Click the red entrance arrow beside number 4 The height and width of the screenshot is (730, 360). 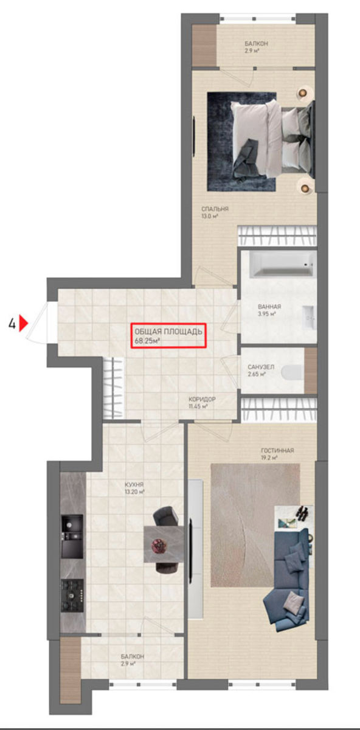click(x=23, y=323)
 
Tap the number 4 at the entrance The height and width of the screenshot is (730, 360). click(x=12, y=324)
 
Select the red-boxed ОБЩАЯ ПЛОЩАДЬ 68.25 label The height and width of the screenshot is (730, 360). click(x=168, y=336)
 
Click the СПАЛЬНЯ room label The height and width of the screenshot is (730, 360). click(x=215, y=212)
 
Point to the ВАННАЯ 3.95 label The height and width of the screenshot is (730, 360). click(x=269, y=310)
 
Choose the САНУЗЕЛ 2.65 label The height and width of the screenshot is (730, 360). click(x=261, y=370)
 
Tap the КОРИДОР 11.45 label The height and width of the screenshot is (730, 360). click(x=202, y=403)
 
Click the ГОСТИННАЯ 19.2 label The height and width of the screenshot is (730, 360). click(x=277, y=454)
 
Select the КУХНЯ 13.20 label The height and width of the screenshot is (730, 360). click(x=134, y=488)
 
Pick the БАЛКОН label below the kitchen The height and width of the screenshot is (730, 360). click(x=132, y=659)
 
